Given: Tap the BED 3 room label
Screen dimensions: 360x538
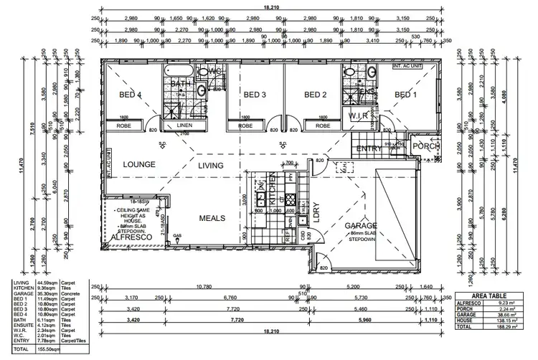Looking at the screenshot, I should (255, 95).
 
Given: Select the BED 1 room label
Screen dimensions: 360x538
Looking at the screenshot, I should (405, 95).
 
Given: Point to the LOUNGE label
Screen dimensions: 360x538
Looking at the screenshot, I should (140, 165).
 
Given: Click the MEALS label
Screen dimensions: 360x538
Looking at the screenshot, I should (213, 217).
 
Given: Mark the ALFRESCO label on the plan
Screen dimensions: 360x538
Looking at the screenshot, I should (130, 237).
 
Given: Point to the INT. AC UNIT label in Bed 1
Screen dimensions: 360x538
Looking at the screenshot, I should (405, 67).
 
